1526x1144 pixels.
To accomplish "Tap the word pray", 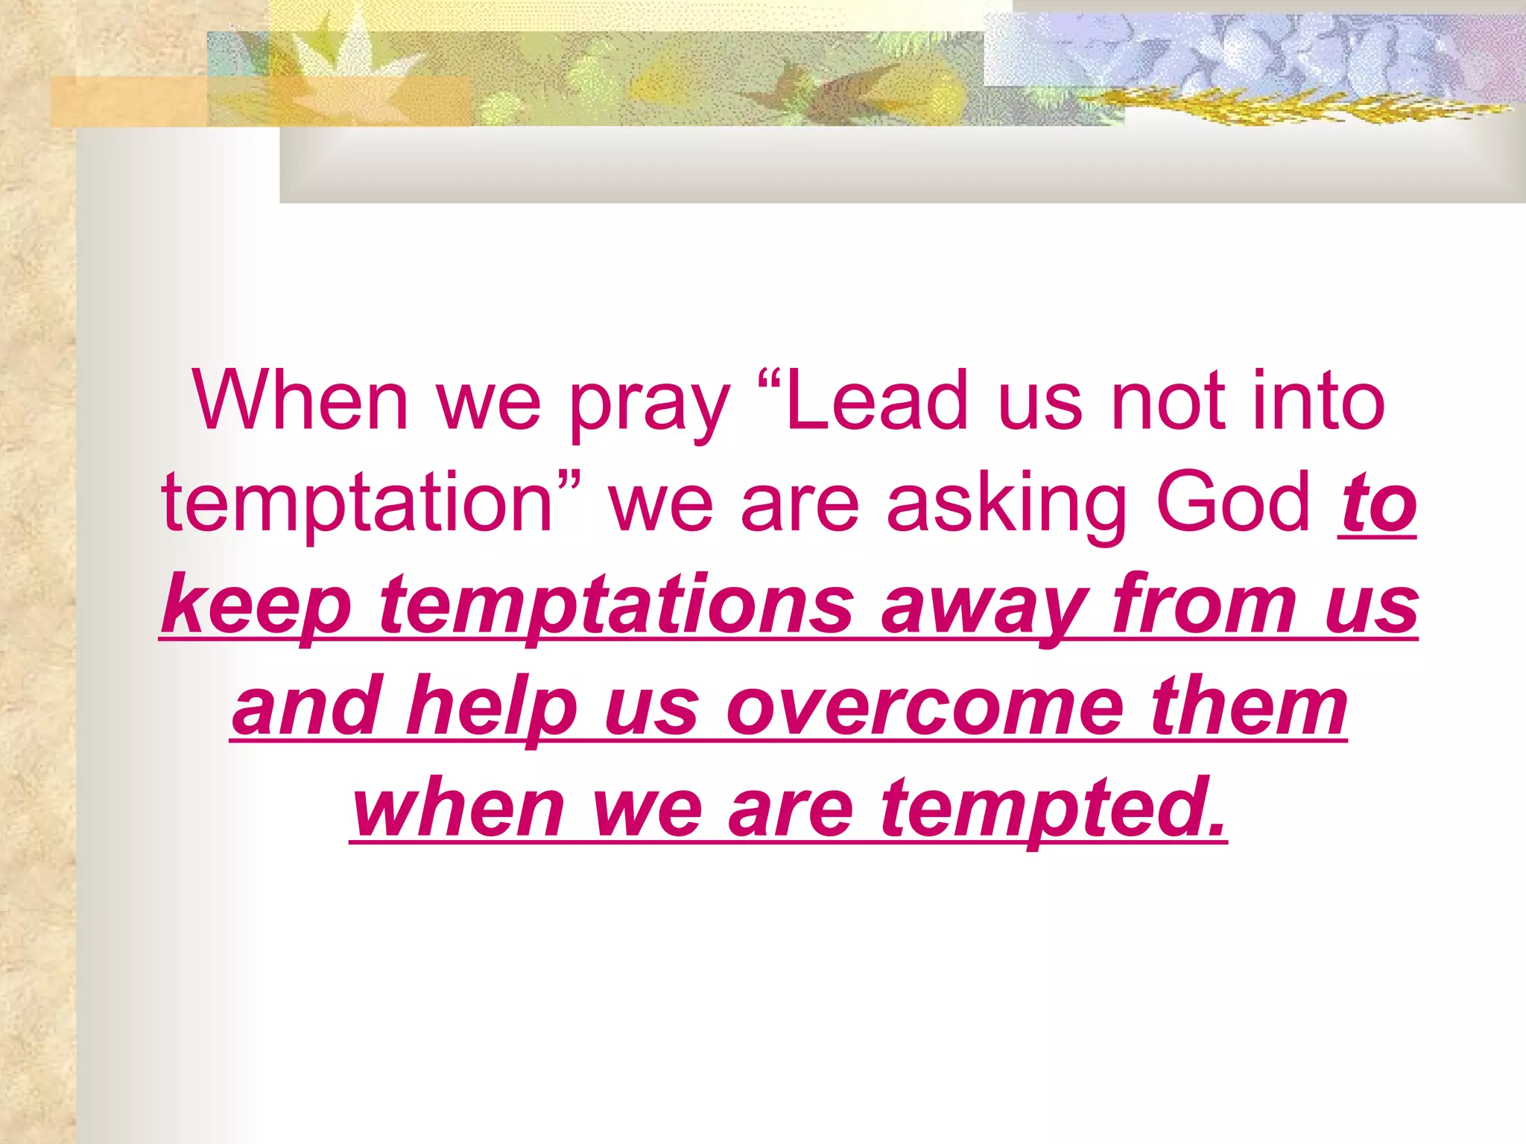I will [649, 406].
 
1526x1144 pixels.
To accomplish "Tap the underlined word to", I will [1377, 505].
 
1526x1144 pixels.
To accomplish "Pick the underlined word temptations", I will [615, 605].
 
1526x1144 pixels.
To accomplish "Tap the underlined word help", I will [492, 708].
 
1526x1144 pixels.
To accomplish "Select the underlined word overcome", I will [924, 708].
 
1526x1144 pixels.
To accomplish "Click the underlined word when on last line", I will [458, 808].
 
